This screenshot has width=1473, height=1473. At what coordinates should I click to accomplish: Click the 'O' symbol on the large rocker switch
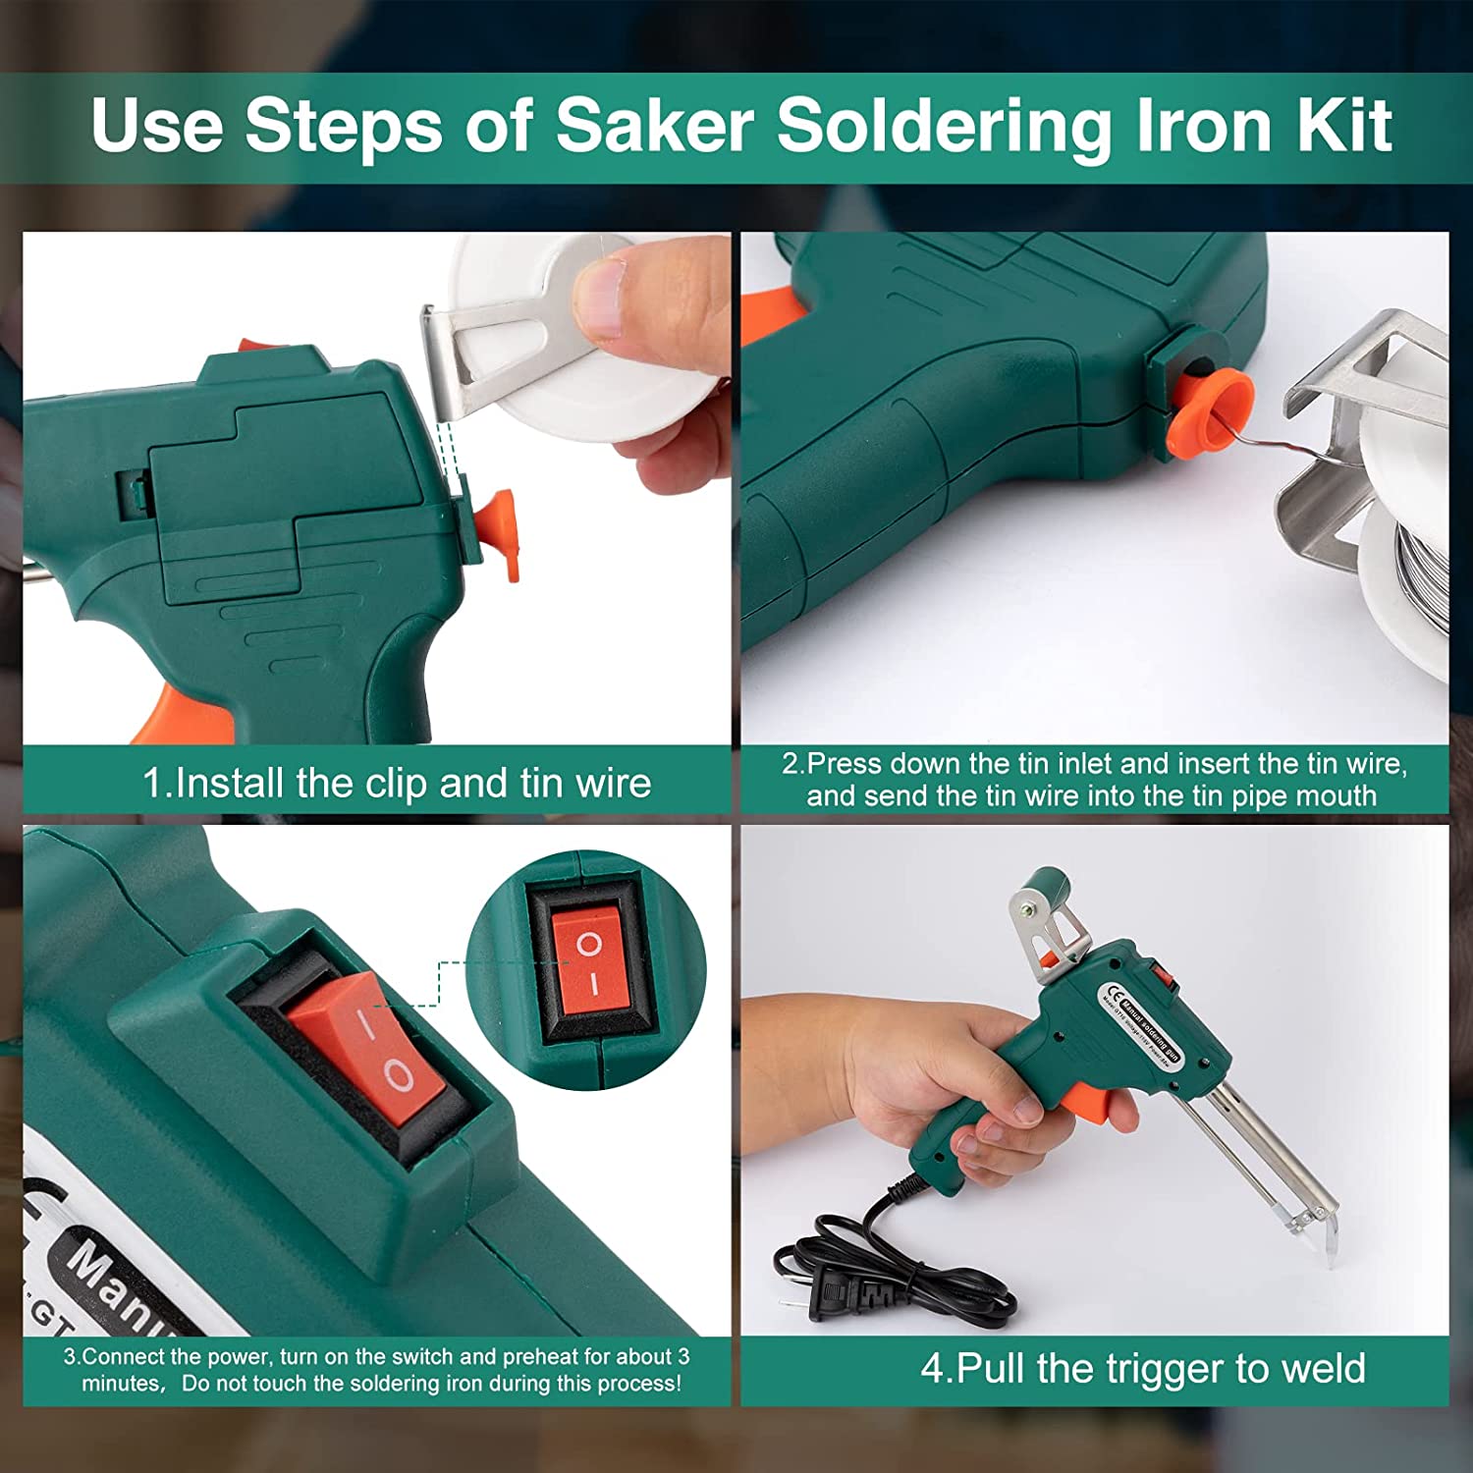[x=398, y=1075]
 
